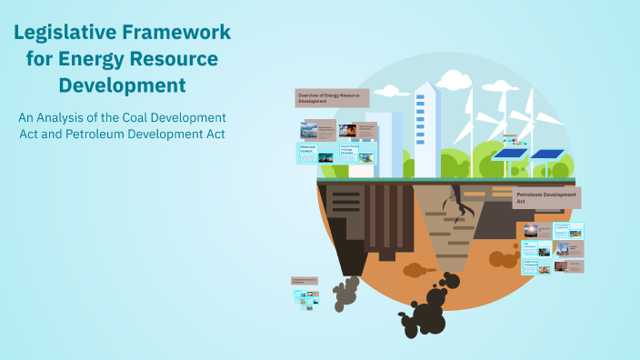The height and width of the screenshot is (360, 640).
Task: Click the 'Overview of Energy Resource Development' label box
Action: coord(334,97)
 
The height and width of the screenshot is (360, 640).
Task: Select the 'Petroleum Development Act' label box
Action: coord(546,197)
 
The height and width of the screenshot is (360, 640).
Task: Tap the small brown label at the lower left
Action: coord(304,281)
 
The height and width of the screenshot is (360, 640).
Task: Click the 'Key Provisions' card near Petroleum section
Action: coord(536,247)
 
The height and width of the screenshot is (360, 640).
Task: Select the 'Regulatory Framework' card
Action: coord(536,265)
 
